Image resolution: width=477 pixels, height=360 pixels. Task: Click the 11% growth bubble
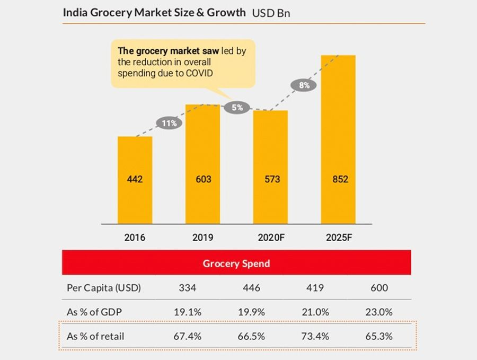click(169, 123)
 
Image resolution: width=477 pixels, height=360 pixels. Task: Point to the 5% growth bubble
click(237, 108)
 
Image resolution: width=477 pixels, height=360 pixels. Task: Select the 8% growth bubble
click(304, 85)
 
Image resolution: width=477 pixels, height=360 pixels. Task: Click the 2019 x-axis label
click(202, 238)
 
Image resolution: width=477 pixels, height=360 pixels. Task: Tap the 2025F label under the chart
click(339, 238)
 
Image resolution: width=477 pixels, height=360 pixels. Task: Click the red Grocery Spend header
click(236, 264)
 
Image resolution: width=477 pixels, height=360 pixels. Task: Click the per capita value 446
click(251, 288)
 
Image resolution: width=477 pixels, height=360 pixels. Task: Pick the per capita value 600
click(379, 288)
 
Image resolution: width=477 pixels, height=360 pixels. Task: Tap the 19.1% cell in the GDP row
click(188, 312)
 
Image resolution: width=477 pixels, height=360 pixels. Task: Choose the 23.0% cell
click(379, 312)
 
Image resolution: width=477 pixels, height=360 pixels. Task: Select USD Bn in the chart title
click(271, 13)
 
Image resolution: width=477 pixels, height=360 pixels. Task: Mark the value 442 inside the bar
click(135, 179)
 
